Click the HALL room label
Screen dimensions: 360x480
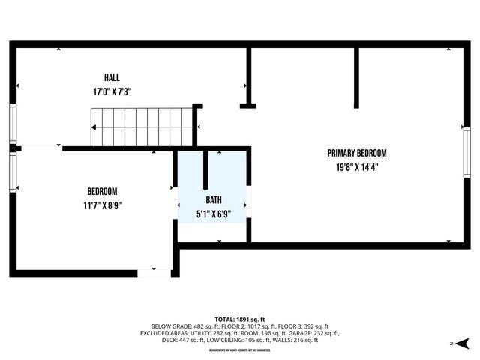[x=112, y=77]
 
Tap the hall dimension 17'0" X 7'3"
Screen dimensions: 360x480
[x=112, y=91]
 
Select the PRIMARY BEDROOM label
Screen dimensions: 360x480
[x=357, y=153]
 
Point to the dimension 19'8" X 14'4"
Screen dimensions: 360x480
[x=357, y=167]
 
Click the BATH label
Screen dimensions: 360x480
[x=214, y=200]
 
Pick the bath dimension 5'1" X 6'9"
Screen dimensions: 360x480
[x=214, y=214]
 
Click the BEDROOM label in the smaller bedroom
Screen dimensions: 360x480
[x=102, y=191]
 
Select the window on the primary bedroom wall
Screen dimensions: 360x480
[x=466, y=153]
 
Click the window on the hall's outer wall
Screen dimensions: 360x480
[x=12, y=123]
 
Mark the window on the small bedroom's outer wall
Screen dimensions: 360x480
[x=12, y=172]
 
